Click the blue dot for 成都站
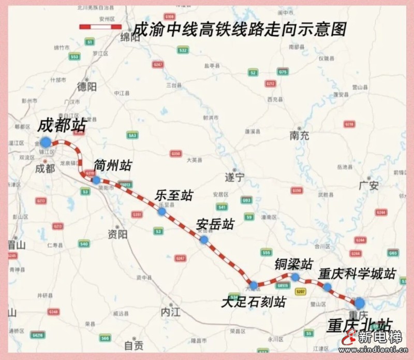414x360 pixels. (46, 142)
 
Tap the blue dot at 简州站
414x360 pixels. (96, 180)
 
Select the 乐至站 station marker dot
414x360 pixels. (162, 211)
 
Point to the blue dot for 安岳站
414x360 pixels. (204, 239)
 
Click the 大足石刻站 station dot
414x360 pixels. (254, 285)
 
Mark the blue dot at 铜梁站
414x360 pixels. (295, 277)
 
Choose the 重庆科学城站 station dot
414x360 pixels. (327, 286)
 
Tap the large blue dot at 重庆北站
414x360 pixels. (359, 303)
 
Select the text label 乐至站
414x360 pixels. (173, 195)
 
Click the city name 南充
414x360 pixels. (299, 136)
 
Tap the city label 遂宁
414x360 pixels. (234, 178)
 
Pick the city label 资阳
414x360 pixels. (117, 234)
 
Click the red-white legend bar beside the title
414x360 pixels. (100, 26)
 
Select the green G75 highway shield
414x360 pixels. (283, 71)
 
